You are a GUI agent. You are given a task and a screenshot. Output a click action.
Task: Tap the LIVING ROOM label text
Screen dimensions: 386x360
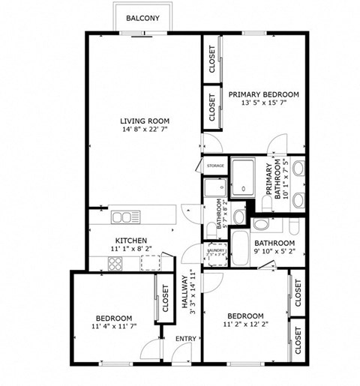point(144,121)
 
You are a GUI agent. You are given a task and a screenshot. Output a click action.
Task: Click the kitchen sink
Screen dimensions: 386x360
point(122,217)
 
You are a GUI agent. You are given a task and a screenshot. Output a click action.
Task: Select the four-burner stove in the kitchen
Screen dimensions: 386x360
point(115,263)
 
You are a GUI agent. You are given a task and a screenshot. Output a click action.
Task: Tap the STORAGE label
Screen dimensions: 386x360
point(215,165)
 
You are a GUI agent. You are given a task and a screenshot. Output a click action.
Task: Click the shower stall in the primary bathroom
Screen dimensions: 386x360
point(242,178)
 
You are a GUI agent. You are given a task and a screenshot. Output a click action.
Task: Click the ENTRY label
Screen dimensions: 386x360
point(185,339)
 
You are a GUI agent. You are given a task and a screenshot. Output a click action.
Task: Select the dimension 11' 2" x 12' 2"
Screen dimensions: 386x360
point(245,325)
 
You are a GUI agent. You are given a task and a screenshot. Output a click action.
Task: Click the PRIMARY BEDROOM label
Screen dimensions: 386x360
point(263,94)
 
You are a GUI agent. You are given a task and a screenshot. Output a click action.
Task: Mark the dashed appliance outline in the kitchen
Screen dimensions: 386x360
point(151,262)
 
